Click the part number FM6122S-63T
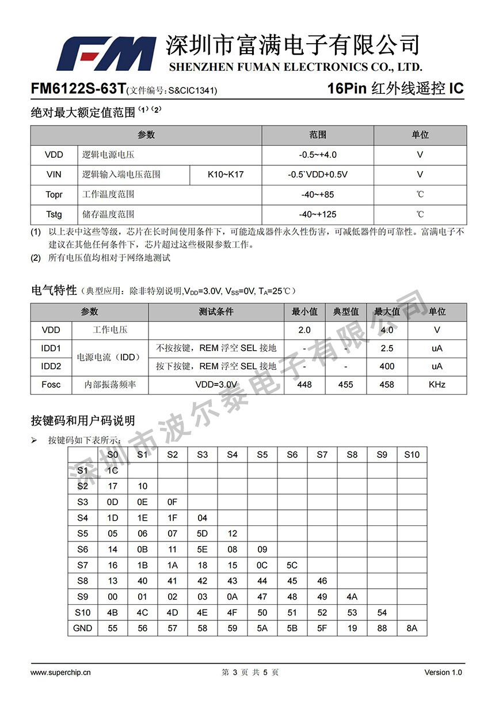pyautogui.click(x=78, y=89)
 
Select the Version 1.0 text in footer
pyautogui.click(x=443, y=672)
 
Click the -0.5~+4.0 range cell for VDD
pyautogui.click(x=318, y=154)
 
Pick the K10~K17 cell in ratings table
pyautogui.click(x=226, y=174)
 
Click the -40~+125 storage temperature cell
pyautogui.click(x=318, y=214)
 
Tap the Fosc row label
pyautogui.click(x=51, y=384)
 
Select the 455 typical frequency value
pyautogui.click(x=346, y=384)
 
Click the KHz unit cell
pyautogui.click(x=437, y=384)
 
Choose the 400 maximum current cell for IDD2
pyautogui.click(x=387, y=366)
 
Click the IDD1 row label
pyautogui.click(x=51, y=348)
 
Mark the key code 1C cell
pyautogui.click(x=113, y=471)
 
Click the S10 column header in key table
pyautogui.click(x=412, y=454)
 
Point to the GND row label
pyautogui.click(x=82, y=628)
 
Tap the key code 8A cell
pyautogui.click(x=412, y=628)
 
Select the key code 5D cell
pyautogui.click(x=202, y=533)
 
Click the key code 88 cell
pyautogui.click(x=382, y=628)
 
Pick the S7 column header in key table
pyautogui.click(x=322, y=454)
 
